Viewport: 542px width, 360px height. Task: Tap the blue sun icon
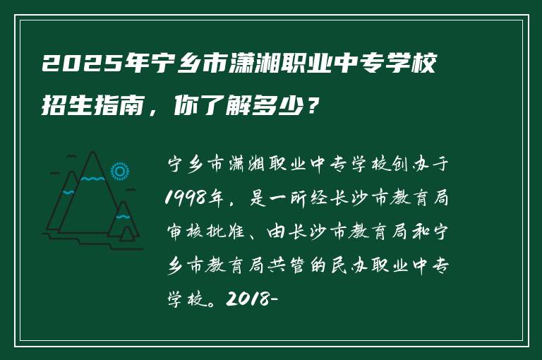(x=120, y=171)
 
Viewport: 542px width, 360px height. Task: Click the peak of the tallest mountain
(x=92, y=153)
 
